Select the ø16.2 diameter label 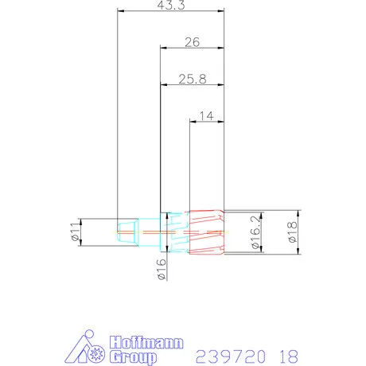(254, 234)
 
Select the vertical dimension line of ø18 (299, 233)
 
